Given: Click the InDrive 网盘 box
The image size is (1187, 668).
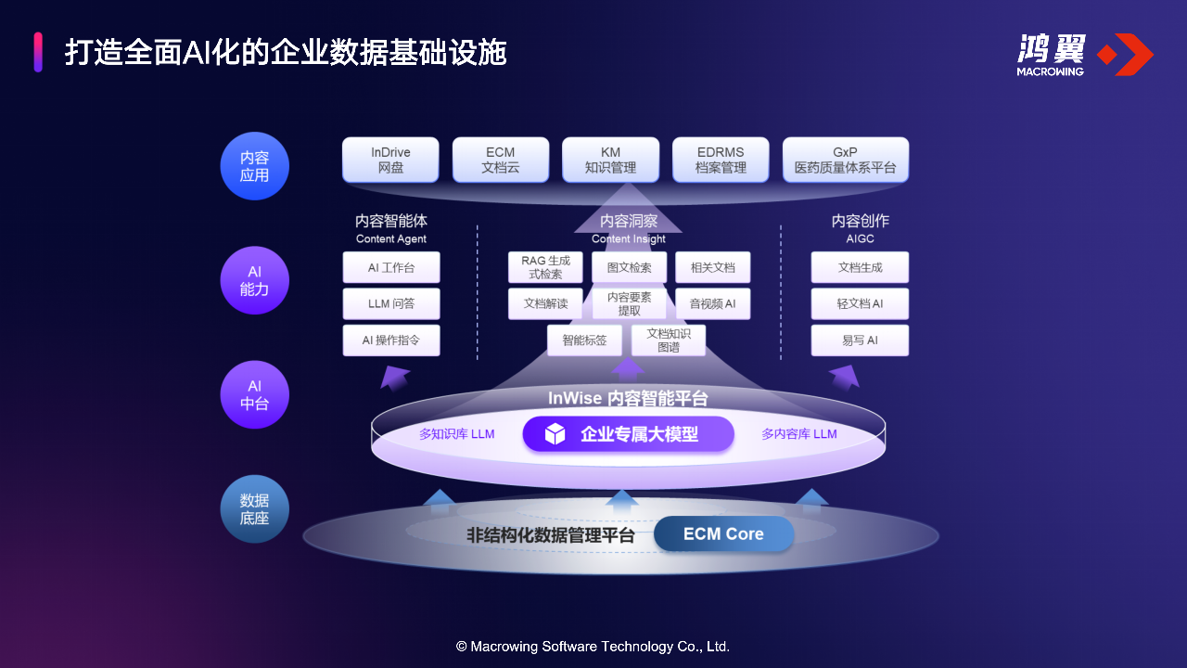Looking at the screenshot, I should pos(390,160).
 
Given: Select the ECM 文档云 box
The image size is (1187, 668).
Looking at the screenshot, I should pos(501,160).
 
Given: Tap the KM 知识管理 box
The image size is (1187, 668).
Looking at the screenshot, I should pos(610,160).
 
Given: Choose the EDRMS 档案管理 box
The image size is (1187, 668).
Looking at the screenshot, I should pos(721,160).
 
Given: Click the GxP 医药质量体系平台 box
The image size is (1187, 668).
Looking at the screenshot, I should pos(845,160).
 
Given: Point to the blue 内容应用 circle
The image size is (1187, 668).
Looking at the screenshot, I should pos(255,166).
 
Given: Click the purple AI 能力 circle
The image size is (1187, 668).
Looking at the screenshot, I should pos(255,280).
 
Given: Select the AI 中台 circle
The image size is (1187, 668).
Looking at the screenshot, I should pos(255,394).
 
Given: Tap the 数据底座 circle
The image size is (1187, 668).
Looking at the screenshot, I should pos(255,508).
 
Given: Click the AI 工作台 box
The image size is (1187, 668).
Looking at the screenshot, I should pos(390,267).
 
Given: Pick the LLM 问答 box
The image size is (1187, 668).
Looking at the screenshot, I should pos(390,303).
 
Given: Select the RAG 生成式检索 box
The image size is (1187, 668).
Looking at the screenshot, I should pos(545,267).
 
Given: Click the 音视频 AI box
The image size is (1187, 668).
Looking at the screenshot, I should pos(712,303).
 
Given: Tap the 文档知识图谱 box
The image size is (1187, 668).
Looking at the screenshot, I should pos(668,340).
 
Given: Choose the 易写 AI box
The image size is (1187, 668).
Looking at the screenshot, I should pos(860,340).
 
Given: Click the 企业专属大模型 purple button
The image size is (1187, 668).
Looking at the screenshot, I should pos(628,434).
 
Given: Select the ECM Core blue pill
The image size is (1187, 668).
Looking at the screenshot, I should pos(723,534).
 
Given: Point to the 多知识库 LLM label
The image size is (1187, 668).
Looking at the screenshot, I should pos(456,434).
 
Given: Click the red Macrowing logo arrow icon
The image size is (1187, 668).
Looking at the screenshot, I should pos(1126,55).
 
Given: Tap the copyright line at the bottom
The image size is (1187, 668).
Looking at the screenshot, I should pos(593,646).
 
